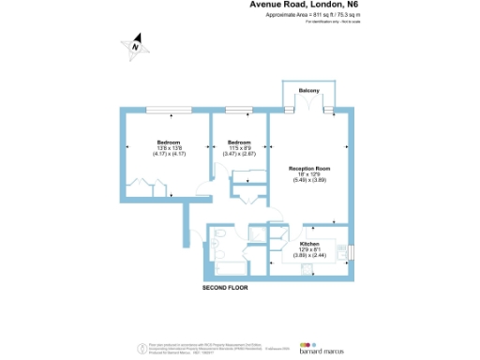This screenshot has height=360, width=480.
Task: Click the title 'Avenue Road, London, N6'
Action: [x=292, y=5]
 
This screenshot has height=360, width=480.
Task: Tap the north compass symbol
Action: [x=135, y=44]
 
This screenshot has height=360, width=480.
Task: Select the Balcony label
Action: [x=309, y=90]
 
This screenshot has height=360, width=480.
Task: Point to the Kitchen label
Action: [x=309, y=242]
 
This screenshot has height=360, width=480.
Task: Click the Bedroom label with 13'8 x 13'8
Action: [x=156, y=142]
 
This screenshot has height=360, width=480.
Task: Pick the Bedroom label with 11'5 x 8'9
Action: [x=239, y=142]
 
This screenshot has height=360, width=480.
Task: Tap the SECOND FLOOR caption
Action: [x=225, y=288]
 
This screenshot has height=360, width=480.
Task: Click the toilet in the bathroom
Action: [x=217, y=235]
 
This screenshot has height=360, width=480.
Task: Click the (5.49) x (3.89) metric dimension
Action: [x=308, y=180]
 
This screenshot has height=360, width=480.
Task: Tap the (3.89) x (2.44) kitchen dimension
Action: [x=309, y=254]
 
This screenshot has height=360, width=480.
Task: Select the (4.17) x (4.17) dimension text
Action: [x=156, y=154]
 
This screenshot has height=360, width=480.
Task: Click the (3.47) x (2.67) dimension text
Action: [x=239, y=154]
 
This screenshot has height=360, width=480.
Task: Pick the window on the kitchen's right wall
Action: [x=354, y=248]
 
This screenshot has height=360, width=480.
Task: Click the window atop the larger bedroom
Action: [x=161, y=111]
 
